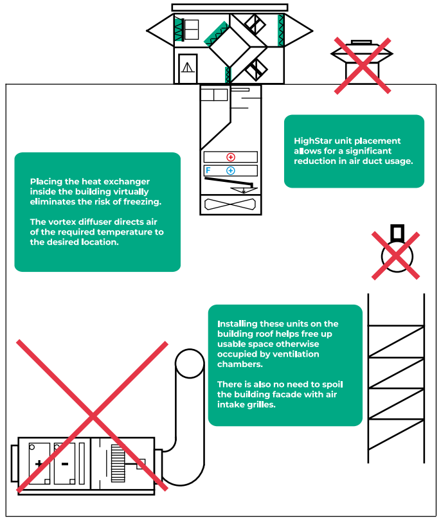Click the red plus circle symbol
[231, 157]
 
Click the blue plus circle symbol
[231, 170]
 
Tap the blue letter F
[208, 170]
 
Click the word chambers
[240, 364]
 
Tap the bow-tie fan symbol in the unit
[230, 204]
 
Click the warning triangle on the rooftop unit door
[188, 67]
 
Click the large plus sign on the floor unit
[39, 464]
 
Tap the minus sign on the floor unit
[65, 464]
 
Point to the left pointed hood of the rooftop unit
[161, 30]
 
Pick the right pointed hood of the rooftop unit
[298, 31]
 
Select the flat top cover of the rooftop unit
[230, 7]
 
